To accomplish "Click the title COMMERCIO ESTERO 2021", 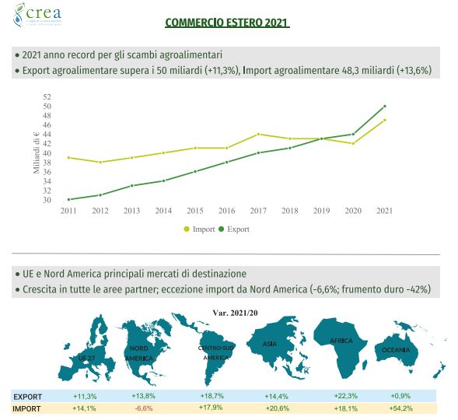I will click(227, 23).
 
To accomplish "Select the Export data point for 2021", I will click(384, 106).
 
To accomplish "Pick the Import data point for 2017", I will click(258, 134).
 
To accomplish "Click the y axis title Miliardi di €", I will click(36, 148).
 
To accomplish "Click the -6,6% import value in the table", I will click(142, 408).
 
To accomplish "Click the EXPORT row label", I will click(28, 395).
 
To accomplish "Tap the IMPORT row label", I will click(27, 408).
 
